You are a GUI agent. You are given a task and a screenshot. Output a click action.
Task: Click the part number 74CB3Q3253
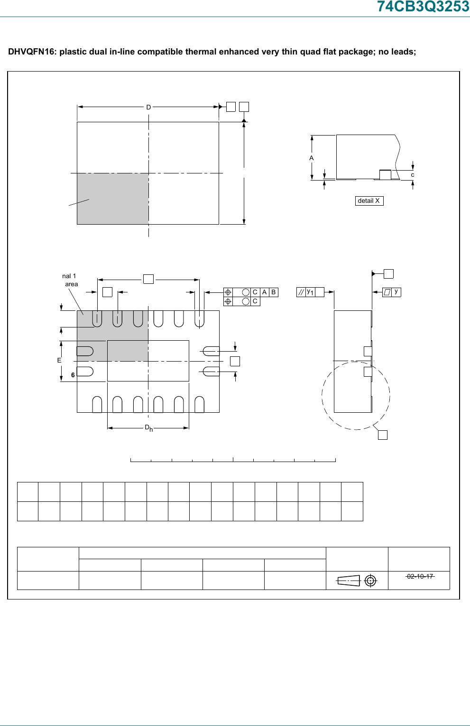click(x=423, y=7)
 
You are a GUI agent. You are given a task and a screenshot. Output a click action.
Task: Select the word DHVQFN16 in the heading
click(x=31, y=52)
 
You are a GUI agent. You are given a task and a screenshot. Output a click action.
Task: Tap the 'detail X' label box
click(x=369, y=201)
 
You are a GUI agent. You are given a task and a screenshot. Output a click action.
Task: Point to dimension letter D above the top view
click(x=148, y=107)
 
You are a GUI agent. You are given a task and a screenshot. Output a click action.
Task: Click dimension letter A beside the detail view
click(x=312, y=158)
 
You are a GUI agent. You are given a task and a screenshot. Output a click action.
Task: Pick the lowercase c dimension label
click(x=413, y=175)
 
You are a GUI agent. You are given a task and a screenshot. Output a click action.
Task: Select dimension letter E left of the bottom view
click(x=59, y=361)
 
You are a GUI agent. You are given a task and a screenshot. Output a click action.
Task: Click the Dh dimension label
click(x=148, y=428)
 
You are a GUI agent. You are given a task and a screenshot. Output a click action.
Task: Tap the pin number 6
click(x=73, y=375)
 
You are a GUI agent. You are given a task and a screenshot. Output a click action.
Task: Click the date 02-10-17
click(x=420, y=576)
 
